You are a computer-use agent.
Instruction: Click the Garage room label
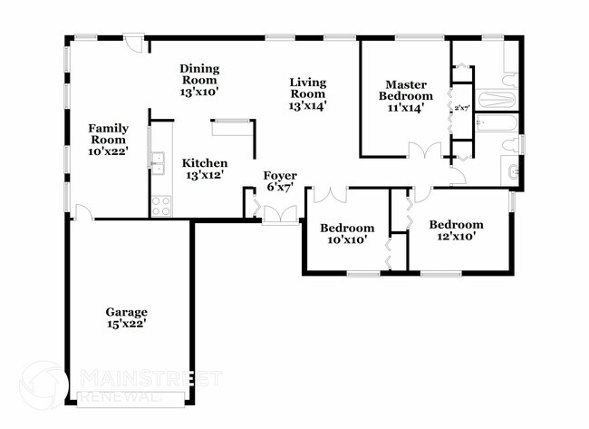pyautogui.click(x=126, y=317)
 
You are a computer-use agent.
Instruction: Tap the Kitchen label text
pyautogui.click(x=205, y=168)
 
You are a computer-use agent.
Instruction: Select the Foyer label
pyautogui.click(x=280, y=180)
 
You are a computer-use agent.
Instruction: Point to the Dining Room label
pyautogui.click(x=199, y=80)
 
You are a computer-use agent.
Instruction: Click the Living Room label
pyautogui.click(x=307, y=93)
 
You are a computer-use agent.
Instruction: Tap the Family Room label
pyautogui.click(x=108, y=140)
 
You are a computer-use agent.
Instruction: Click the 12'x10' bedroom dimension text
pyautogui.click(x=456, y=237)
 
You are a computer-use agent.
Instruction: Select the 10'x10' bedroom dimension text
pyautogui.click(x=347, y=240)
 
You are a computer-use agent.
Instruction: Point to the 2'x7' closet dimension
pyautogui.click(x=462, y=108)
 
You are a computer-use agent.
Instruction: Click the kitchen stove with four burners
pyautogui.click(x=161, y=206)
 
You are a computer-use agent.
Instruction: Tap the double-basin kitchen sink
pyautogui.click(x=158, y=163)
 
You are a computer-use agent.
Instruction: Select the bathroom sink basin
pyautogui.click(x=513, y=171)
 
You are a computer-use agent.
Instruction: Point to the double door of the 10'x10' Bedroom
pyautogui.click(x=330, y=193)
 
